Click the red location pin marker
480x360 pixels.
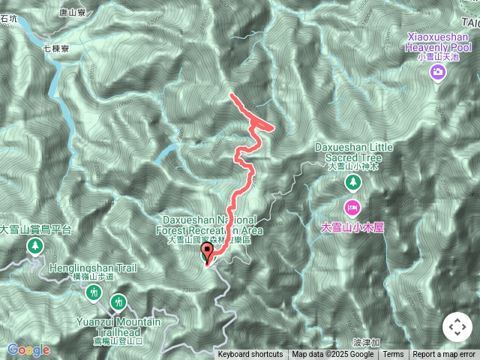click(208, 254)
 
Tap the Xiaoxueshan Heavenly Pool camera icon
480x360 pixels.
click(437, 72)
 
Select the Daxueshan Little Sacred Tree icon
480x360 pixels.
click(352, 182)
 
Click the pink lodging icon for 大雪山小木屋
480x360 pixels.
click(352, 206)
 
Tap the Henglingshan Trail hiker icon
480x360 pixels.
click(93, 292)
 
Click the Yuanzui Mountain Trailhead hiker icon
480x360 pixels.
click(118, 302)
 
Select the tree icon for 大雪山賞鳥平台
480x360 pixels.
click(35, 247)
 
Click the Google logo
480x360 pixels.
click(28, 349)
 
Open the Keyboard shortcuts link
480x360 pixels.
click(250, 355)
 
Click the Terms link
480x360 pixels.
click(393, 355)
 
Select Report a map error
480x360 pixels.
click(444, 355)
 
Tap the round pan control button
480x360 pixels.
click(457, 327)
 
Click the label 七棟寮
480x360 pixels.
click(56, 47)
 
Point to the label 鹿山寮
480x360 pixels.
click(73, 13)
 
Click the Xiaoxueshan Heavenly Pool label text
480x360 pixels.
click(439, 41)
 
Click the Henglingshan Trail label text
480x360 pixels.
click(93, 267)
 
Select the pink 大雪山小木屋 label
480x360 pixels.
click(352, 226)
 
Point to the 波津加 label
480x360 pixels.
click(367, 341)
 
